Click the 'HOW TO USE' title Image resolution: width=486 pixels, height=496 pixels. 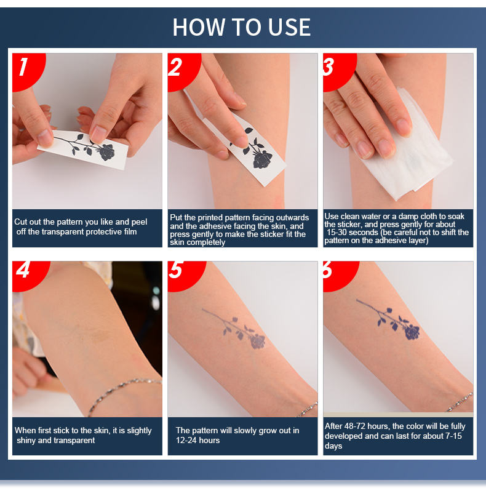point(242,27)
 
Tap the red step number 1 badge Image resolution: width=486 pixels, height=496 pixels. point(28,71)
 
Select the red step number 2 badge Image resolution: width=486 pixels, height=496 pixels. point(183,71)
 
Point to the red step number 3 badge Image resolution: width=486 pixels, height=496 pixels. point(339,71)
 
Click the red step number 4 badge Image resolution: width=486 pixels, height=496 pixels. point(30,275)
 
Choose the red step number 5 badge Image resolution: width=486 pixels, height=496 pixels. point(186,275)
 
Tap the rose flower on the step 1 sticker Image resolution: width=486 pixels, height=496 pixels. point(107,152)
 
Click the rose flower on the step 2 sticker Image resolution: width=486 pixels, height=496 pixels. point(262,159)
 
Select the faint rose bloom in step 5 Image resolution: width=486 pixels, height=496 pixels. point(258,342)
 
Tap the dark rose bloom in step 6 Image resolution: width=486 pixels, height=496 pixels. point(412,332)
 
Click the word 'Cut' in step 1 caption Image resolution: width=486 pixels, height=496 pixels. point(20,222)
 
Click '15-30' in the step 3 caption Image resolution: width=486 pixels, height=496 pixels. point(338,233)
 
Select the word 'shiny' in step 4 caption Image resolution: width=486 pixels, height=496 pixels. point(26,441)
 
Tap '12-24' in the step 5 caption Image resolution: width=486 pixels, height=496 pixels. point(186,441)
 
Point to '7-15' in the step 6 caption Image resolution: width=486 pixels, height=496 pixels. point(454,436)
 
